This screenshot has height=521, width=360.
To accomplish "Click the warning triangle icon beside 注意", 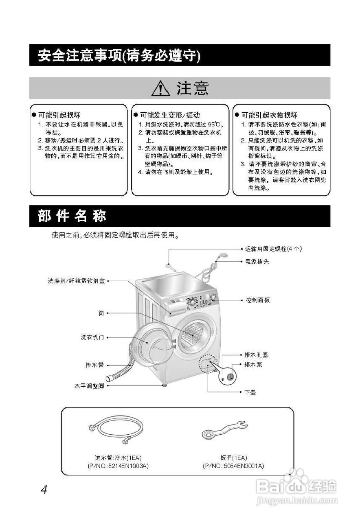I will click(160, 88).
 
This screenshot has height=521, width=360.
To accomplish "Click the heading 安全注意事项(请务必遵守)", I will click(119, 55).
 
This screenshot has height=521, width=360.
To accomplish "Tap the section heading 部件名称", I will click(72, 216).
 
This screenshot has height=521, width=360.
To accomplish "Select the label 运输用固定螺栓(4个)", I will click(273, 248).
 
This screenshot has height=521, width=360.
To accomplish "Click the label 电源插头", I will click(257, 261).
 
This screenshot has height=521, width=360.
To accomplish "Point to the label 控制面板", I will click(257, 300).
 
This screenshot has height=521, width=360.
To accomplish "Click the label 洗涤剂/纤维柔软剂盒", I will click(76, 281).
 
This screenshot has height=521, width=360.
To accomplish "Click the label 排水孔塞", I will click(256, 355).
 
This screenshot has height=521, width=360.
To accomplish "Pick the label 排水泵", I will click(253, 365).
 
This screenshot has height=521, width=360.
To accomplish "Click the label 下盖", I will click(250, 392).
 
